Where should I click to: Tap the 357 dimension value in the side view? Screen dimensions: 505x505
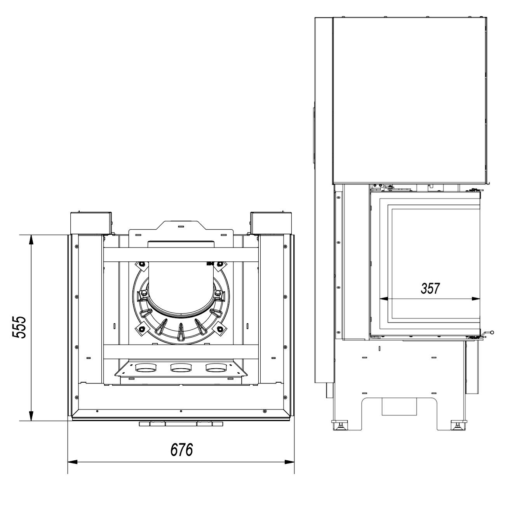click(430, 288)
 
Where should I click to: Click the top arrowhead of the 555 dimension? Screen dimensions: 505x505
click(31, 240)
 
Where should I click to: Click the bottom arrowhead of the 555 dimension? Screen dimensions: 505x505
click(31, 416)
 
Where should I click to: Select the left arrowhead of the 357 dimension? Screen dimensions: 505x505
click(384, 298)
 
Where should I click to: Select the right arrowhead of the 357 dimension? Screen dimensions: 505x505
click(475, 298)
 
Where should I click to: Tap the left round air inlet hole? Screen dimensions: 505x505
click(145, 368)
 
